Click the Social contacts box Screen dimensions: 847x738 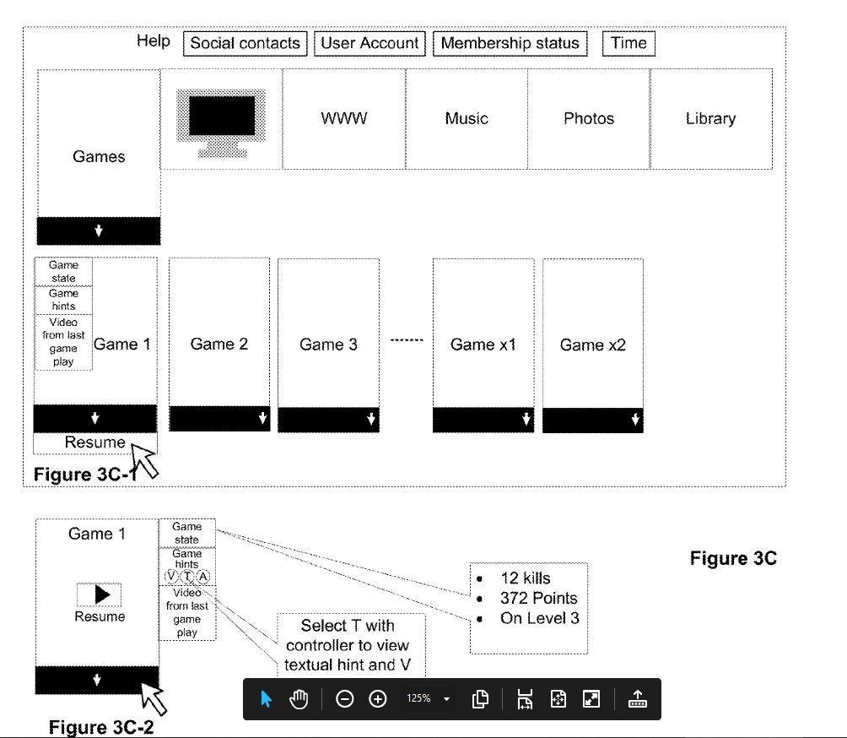tap(245, 43)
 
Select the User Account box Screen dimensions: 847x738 tap(370, 43)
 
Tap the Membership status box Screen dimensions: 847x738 tap(510, 43)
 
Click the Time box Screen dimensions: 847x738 tap(629, 43)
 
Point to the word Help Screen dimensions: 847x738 tap(154, 41)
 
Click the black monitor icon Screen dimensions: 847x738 tap(222, 123)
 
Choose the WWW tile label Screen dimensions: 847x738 tap(344, 118)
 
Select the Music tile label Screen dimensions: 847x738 tap(467, 118)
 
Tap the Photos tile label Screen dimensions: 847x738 tap(589, 118)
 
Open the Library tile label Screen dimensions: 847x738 tap(711, 119)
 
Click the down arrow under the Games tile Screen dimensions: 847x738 tap(99, 231)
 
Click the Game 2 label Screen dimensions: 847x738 tap(219, 344)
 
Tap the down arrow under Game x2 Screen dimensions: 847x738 tap(635, 419)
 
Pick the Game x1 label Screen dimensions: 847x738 tap(483, 345)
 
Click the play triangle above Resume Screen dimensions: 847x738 tap(102, 594)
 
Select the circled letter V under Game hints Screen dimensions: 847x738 tap(171, 577)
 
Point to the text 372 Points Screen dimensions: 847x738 tap(538, 598)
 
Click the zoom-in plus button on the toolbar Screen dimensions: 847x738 tap(378, 699)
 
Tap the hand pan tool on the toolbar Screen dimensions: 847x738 tap(299, 699)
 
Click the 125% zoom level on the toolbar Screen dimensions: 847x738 tap(418, 698)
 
